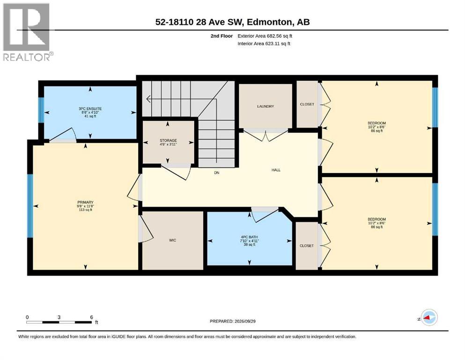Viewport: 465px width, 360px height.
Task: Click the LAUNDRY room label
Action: coord(266,106)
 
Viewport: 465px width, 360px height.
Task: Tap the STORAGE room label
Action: coord(168,140)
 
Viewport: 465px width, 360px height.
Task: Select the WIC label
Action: coord(172,240)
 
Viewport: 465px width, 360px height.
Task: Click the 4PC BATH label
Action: coord(249,237)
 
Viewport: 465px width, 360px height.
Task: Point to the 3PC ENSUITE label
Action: coord(90,109)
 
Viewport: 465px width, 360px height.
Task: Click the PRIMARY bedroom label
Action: coord(85,202)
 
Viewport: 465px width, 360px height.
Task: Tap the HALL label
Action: coord(276,170)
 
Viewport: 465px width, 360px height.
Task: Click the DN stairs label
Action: coord(217,172)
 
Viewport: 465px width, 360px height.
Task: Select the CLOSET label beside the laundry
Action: coord(307,104)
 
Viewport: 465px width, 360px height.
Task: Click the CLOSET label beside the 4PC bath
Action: coord(307,246)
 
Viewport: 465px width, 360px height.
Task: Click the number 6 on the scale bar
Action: coord(92,317)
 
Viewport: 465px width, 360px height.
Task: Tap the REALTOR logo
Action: coord(27,32)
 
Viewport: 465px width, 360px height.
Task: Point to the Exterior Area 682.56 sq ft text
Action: coord(265,36)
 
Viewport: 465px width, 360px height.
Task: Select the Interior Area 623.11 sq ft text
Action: coord(264,44)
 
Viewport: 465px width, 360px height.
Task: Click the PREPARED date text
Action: coord(232,321)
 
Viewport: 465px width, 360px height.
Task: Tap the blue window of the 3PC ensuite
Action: coord(42,110)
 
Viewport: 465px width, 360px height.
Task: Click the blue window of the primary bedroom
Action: coord(30,206)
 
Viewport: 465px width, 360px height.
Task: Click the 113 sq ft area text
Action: coord(85,210)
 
